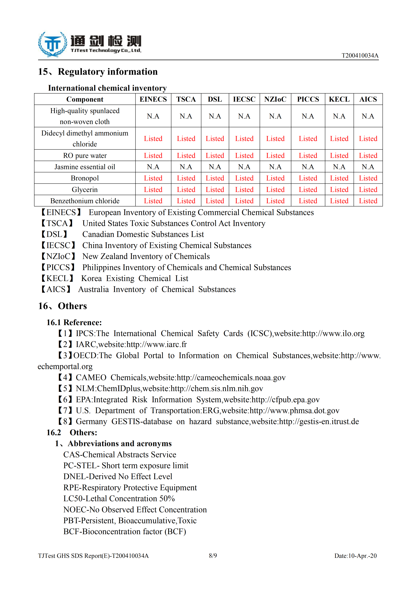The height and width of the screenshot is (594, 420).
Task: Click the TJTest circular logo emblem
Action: pyautogui.click(x=53, y=44)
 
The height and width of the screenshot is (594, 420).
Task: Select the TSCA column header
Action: pyautogui.click(x=186, y=99)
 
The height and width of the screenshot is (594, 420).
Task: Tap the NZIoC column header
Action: pyautogui.click(x=275, y=99)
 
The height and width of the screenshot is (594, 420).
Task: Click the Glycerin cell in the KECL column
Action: pyautogui.click(x=339, y=190)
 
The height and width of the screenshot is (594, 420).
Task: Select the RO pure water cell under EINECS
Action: pyautogui.click(x=153, y=155)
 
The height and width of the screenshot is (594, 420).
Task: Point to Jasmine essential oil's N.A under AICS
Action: pyautogui.click(x=368, y=167)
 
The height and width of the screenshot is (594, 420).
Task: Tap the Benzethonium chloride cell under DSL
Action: pyautogui.click(x=215, y=201)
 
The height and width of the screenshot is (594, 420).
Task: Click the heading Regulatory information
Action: pyautogui.click(x=108, y=72)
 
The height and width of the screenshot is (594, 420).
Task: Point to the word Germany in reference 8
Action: pyautogui.click(x=91, y=421)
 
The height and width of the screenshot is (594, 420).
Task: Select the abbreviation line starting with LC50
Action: pyautogui.click(x=119, y=499)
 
